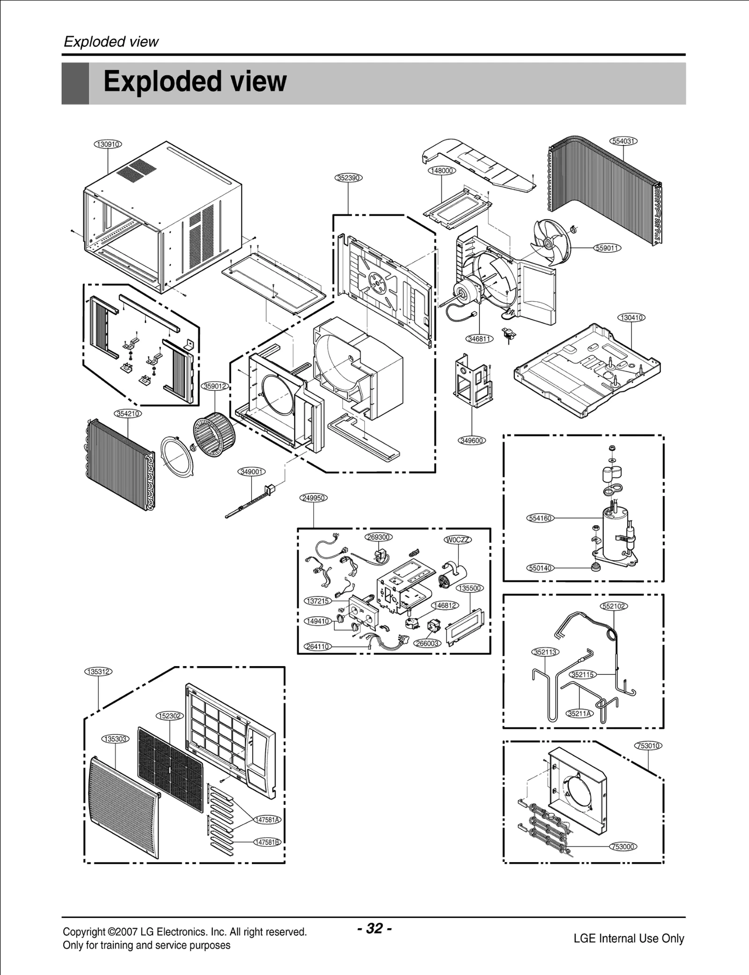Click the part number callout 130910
[x=108, y=144]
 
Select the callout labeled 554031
[x=624, y=141]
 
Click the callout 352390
[x=349, y=178]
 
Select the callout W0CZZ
[x=457, y=540]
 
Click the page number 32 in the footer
[x=374, y=928]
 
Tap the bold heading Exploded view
[x=195, y=81]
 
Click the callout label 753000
[x=624, y=847]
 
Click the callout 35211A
[x=579, y=713]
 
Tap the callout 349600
[x=471, y=440]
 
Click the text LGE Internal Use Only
[x=629, y=938]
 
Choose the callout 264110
[x=318, y=646]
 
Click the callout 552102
[x=614, y=606]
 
